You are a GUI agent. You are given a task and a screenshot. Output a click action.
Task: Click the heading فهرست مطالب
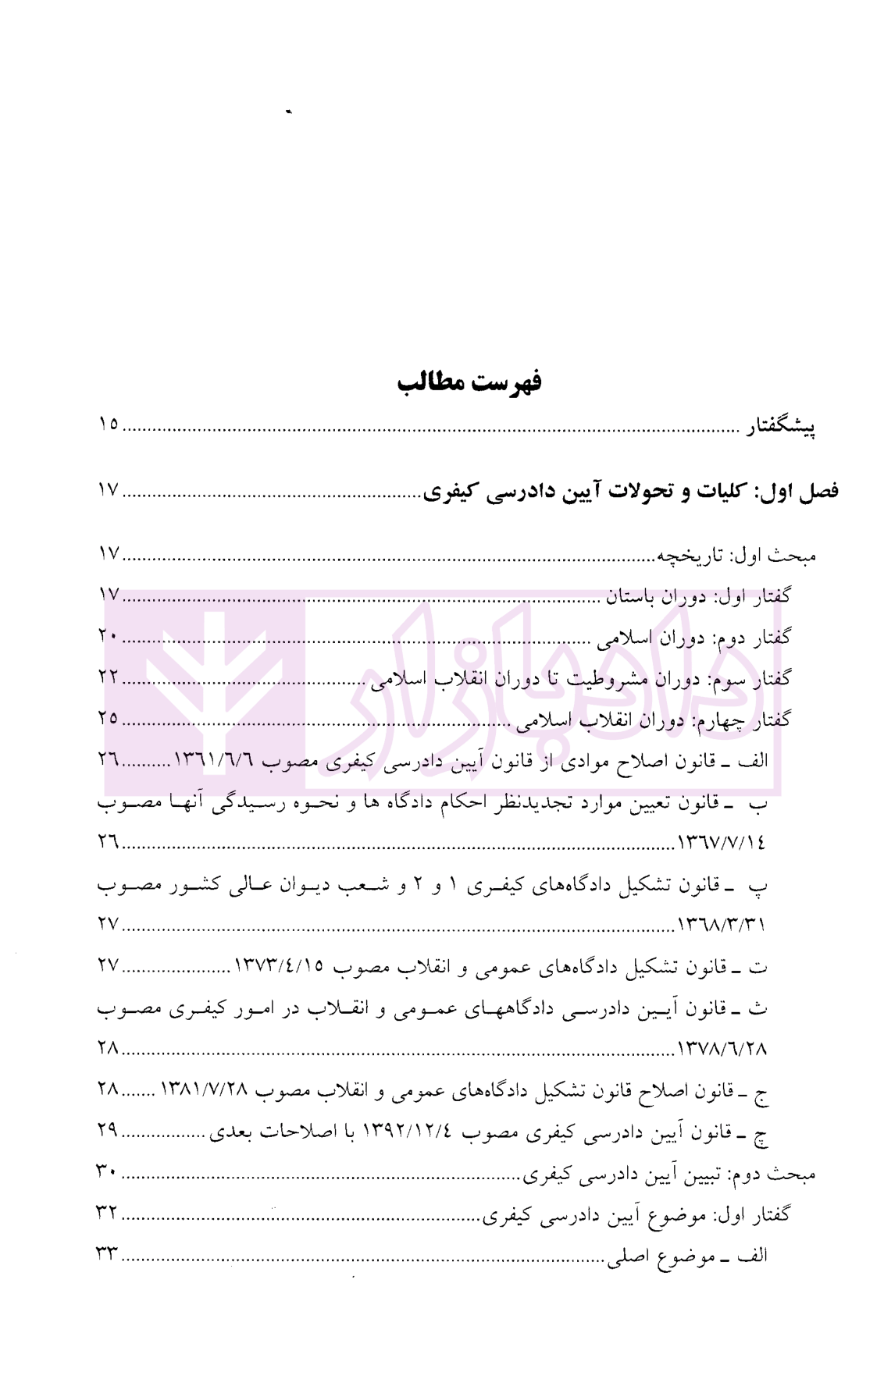(x=469, y=383)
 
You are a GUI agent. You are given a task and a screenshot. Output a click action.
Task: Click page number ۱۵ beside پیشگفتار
(x=108, y=425)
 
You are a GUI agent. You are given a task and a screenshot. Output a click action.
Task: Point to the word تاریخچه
(x=686, y=556)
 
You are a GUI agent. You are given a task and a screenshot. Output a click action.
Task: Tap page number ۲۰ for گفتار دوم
(x=108, y=637)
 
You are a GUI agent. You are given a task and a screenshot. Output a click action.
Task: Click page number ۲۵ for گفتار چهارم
(x=108, y=718)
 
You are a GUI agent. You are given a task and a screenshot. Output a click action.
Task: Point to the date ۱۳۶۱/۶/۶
(x=216, y=760)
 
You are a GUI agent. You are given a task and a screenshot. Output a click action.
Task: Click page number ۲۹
(x=108, y=1130)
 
